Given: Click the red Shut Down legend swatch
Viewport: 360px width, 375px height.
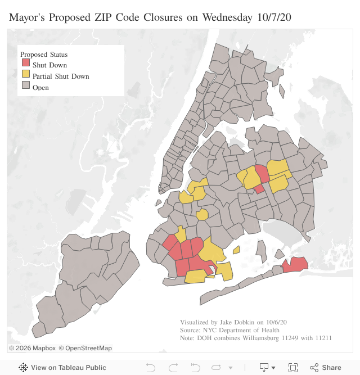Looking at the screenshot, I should point(26,65).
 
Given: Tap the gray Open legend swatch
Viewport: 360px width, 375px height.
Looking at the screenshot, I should point(26,87).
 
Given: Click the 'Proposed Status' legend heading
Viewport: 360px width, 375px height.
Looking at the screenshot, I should point(44,55).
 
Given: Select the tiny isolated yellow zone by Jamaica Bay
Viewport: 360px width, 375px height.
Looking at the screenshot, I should point(236,250).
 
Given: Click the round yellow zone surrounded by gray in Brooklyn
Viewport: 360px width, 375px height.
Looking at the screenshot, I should point(202,214).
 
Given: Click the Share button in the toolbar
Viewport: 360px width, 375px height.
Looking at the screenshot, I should point(326,368).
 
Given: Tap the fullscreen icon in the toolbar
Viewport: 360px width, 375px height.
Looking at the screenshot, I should point(292,368).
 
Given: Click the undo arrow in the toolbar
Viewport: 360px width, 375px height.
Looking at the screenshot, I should point(151,368).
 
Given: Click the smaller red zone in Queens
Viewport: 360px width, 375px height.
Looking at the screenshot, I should point(259,189).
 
